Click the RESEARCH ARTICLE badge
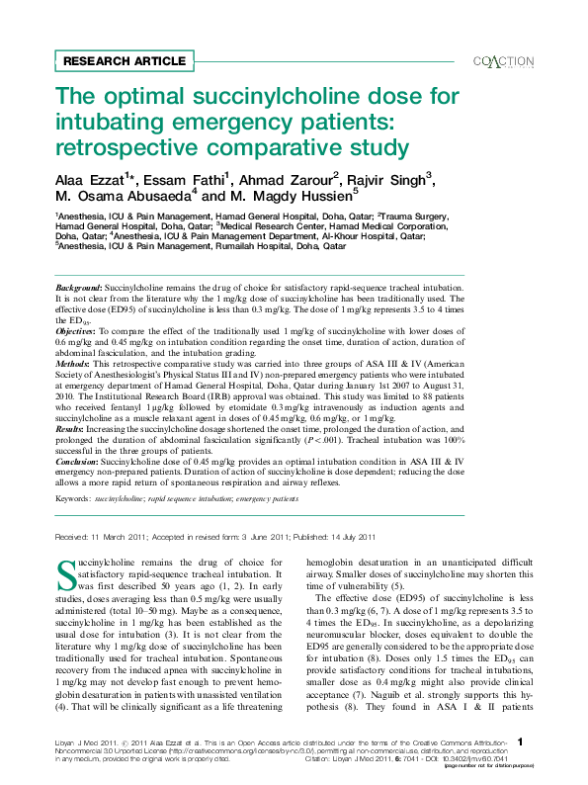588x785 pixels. (124, 60)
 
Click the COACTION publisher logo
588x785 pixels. (504, 61)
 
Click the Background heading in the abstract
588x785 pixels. (78, 285)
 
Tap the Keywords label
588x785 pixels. (72, 500)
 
